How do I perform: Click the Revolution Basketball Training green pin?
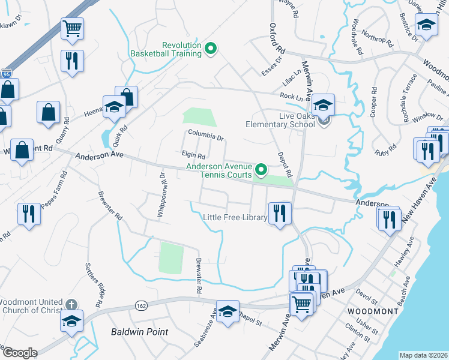211,49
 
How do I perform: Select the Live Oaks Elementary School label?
280,120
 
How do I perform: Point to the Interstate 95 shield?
6,74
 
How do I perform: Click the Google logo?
19,352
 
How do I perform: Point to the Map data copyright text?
423,355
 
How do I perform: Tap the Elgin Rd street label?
193,155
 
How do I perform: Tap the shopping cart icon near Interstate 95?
72,28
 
